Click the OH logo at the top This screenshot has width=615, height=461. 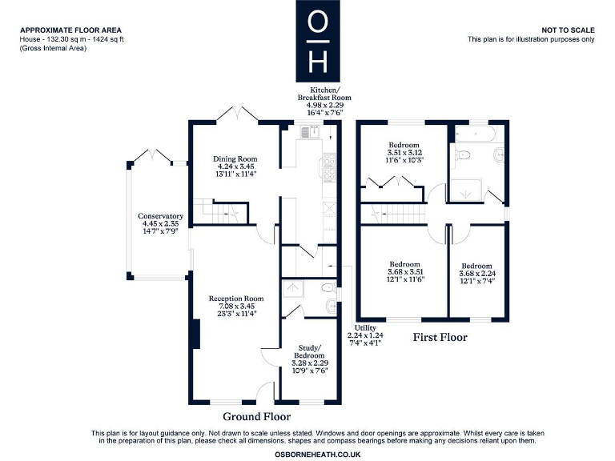click(x=318, y=39)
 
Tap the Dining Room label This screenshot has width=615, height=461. click(x=235, y=158)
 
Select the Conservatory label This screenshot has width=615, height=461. click(x=160, y=216)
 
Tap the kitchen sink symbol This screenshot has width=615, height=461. click(x=310, y=132)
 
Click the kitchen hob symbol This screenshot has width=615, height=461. click(x=328, y=167)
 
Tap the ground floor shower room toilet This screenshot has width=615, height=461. click(x=327, y=289)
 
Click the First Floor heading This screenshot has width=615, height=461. click(x=440, y=338)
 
